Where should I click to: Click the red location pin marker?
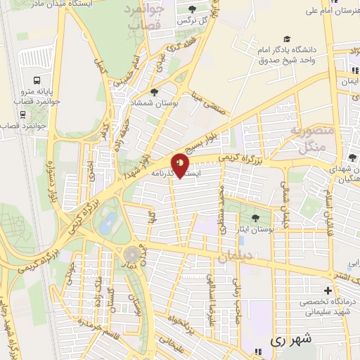click(x=181, y=165)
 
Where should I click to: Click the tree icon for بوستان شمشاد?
click(x=154, y=91)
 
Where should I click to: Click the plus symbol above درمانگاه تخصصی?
click(x=328, y=290)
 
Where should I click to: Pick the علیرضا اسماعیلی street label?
click(x=210, y=292)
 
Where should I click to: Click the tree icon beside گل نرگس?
click(x=193, y=9)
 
